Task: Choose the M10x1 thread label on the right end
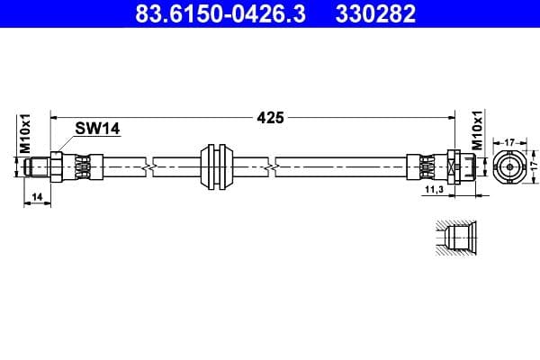[477, 131]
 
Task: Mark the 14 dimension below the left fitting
[36, 195]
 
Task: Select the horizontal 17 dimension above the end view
[508, 140]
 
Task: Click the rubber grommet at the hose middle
[215, 165]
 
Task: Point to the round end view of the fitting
[508, 166]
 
